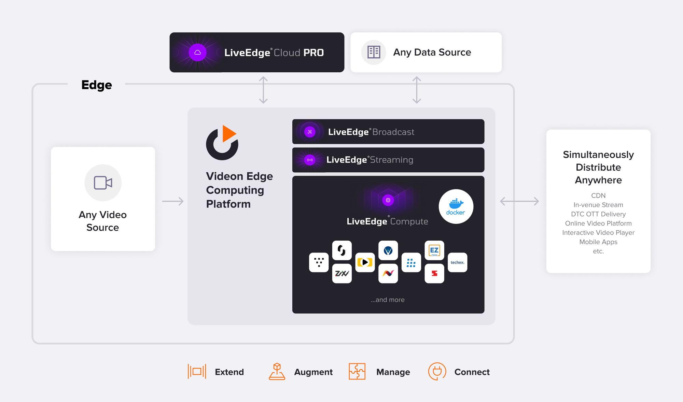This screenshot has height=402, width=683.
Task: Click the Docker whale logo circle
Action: [x=456, y=206]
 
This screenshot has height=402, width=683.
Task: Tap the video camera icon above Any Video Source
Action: [x=103, y=183]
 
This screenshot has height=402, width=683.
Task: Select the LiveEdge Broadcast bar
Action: [x=388, y=132]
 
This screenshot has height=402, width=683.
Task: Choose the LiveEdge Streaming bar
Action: [x=388, y=160]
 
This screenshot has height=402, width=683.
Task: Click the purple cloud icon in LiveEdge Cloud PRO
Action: [x=197, y=53]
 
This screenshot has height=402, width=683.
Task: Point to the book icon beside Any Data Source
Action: [x=374, y=52]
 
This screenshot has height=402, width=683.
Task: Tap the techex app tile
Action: [x=457, y=262]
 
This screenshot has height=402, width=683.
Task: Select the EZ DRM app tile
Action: [x=434, y=250]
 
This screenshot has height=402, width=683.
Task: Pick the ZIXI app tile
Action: [x=342, y=273]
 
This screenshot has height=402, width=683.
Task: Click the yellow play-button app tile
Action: [x=365, y=262]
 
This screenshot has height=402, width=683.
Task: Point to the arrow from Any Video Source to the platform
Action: [x=173, y=201]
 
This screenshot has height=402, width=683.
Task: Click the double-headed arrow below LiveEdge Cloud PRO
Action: [x=263, y=90]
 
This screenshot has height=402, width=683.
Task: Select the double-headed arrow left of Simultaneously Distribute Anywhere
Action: [x=519, y=201]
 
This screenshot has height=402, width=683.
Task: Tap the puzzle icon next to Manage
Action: [x=357, y=371]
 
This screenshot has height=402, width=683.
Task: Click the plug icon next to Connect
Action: [x=437, y=371]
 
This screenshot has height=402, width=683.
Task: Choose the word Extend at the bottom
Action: [x=229, y=372]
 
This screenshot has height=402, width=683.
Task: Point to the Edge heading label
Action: [x=97, y=85]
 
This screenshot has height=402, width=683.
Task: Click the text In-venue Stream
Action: [x=598, y=205]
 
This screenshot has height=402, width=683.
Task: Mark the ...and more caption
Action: [x=388, y=300]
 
